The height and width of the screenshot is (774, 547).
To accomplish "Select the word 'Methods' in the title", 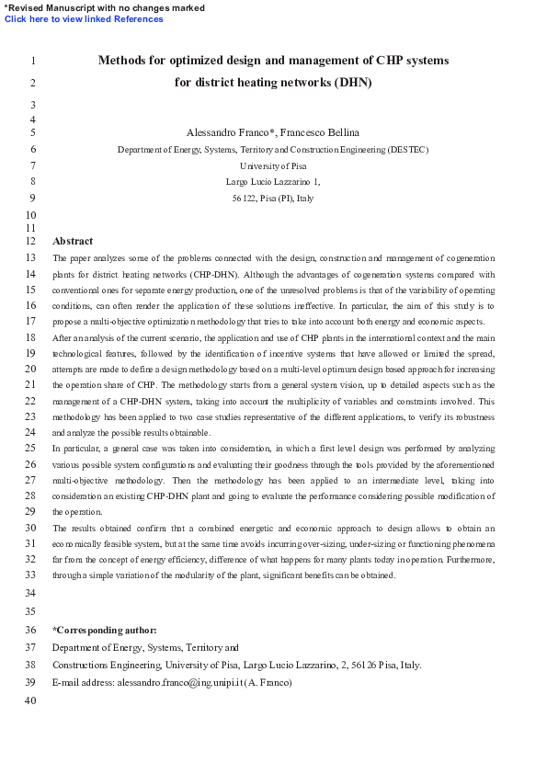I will point(123,61).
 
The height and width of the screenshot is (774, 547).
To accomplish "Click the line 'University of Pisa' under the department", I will point(273,165).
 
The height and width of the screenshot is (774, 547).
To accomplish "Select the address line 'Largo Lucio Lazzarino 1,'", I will point(273,182).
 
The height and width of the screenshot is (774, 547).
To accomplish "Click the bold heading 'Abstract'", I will point(73,241).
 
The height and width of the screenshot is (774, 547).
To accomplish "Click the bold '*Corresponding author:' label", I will point(105,630).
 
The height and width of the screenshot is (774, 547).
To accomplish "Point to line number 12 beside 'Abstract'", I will point(30,241).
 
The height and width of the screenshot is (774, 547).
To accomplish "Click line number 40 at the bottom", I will point(30,701).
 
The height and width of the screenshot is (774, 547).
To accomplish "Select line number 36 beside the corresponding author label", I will point(30,630).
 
